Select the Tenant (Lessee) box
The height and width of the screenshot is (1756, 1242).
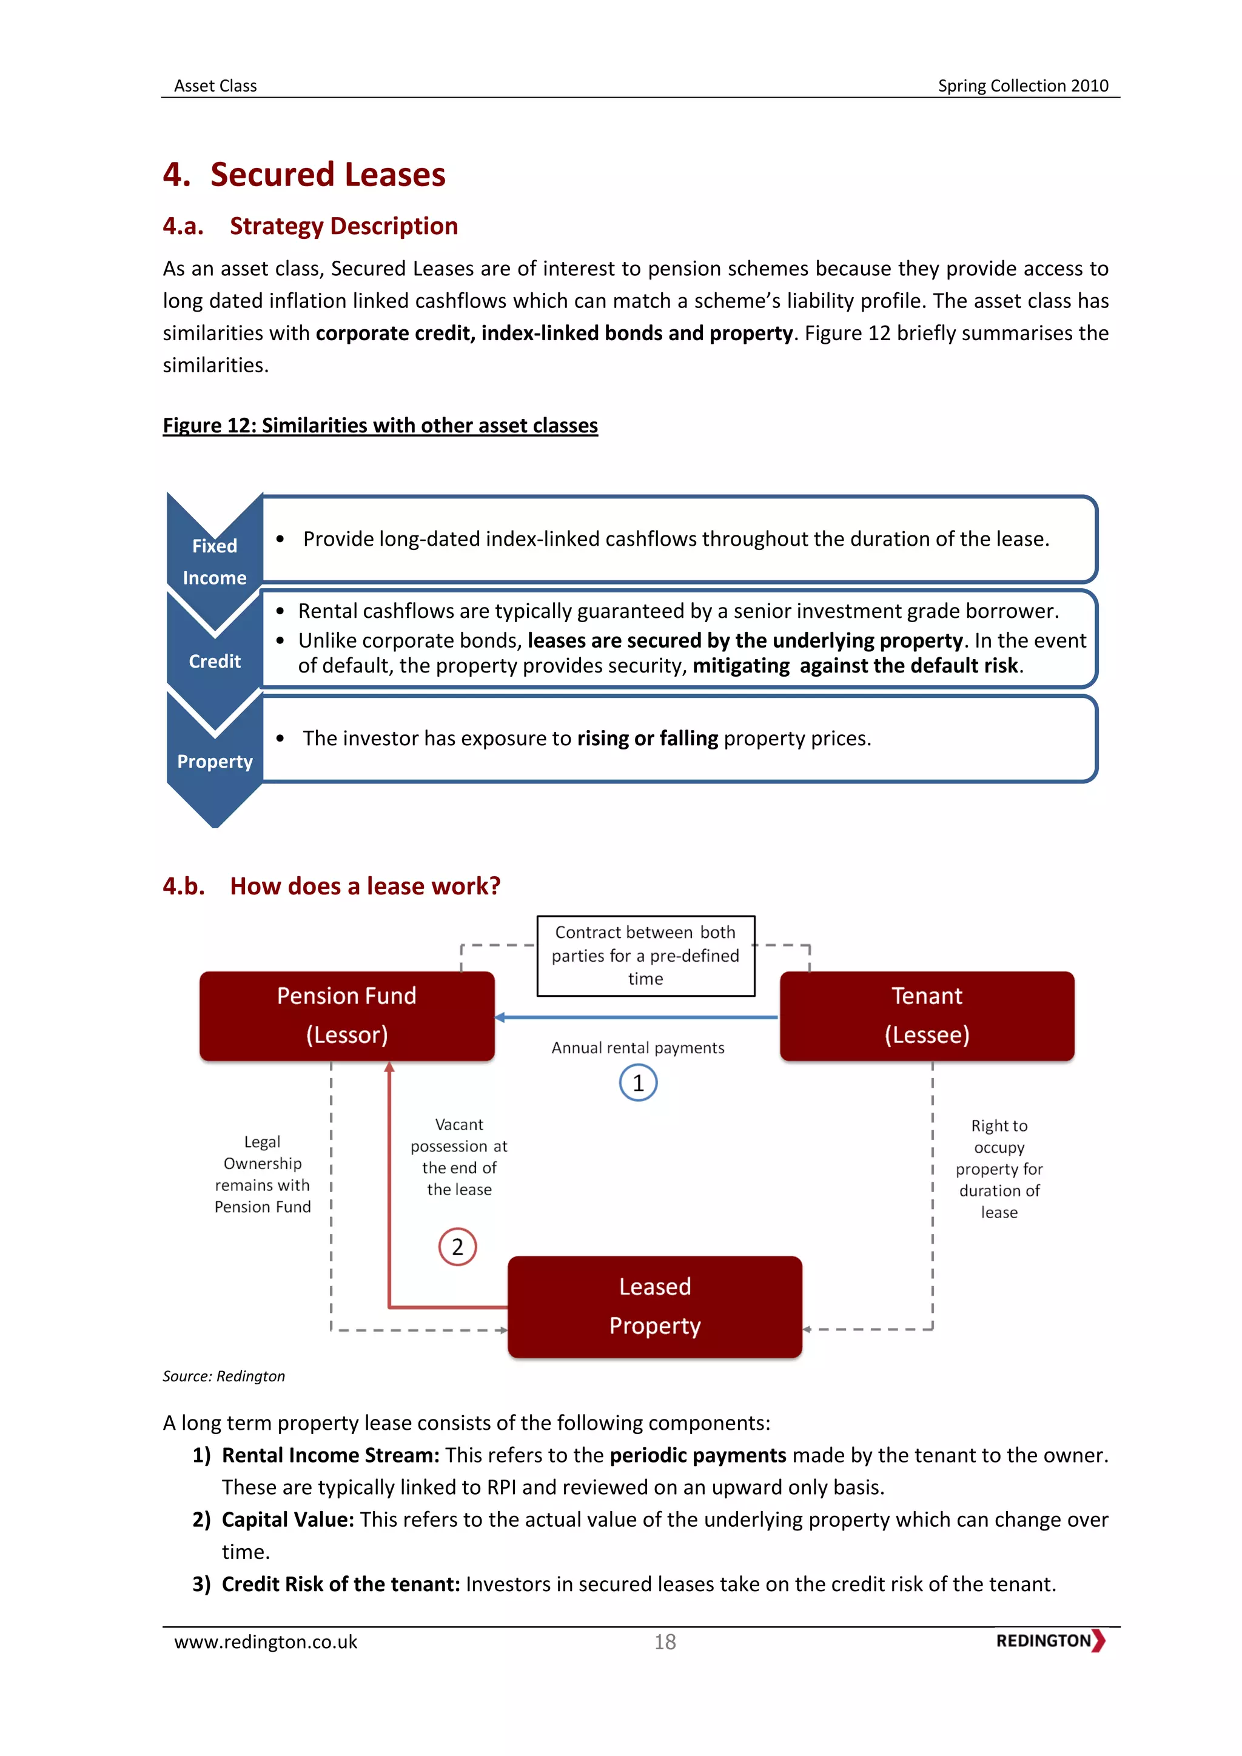(927, 1016)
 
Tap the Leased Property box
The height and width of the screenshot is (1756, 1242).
(654, 1306)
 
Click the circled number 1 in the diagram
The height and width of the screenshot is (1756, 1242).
(638, 1083)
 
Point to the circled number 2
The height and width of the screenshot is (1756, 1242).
(457, 1247)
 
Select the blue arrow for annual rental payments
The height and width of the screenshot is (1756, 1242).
(636, 1017)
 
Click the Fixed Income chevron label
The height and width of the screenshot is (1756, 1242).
(214, 562)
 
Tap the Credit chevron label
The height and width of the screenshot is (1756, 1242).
(214, 662)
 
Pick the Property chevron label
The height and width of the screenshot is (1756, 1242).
(214, 762)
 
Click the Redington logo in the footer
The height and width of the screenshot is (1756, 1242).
(1050, 1641)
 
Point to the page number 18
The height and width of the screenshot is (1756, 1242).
(665, 1642)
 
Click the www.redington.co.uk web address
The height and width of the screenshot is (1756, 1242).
(266, 1642)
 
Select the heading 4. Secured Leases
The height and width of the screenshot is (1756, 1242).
(304, 175)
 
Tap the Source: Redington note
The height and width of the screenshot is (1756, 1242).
(223, 1376)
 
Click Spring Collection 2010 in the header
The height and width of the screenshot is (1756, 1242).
(1022, 85)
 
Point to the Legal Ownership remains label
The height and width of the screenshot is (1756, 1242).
(263, 1174)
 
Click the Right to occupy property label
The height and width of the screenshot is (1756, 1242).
(999, 1168)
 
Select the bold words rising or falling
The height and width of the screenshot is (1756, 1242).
(647, 738)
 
